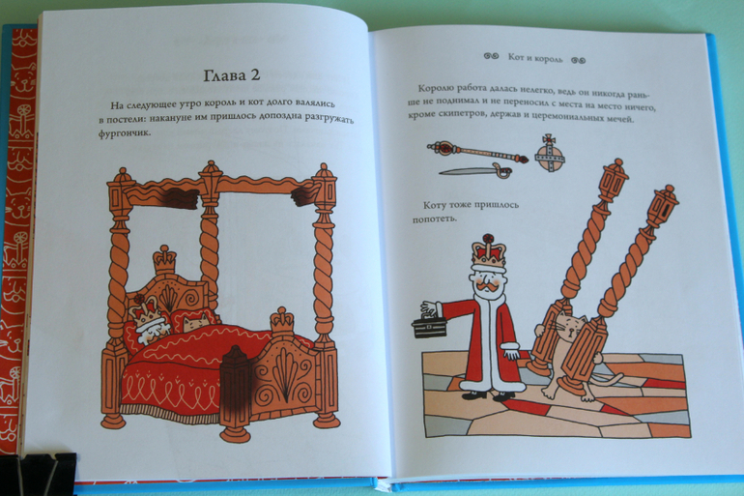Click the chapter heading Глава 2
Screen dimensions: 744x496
tap(232, 76)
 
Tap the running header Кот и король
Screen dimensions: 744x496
tap(535, 58)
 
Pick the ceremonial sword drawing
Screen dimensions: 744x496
tap(474, 169)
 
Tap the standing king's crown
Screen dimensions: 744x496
tap(488, 250)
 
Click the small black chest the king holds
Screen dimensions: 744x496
tap(429, 326)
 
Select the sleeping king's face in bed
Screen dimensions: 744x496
tap(153, 329)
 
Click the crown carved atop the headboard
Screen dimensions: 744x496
tap(164, 259)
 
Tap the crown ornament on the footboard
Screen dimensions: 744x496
tap(282, 321)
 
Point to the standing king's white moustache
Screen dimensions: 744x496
tap(487, 287)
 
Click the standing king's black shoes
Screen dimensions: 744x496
tap(491, 394)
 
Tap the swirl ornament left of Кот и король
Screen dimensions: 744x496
tap(491, 56)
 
